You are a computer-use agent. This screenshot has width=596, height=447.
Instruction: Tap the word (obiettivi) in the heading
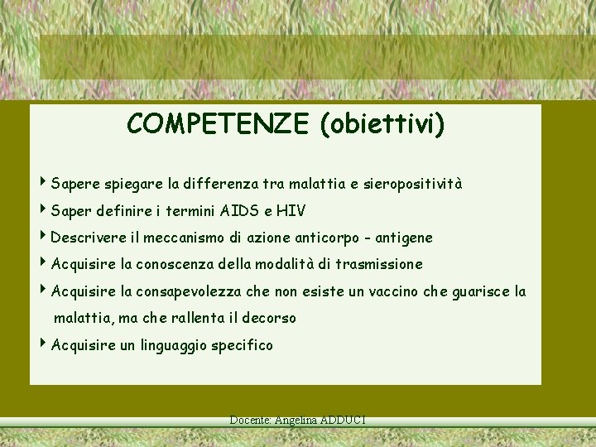pyautogui.click(x=381, y=124)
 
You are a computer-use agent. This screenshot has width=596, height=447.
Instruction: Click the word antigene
pyautogui.click(x=404, y=238)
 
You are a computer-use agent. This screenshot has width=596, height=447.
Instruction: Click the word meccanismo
pyautogui.click(x=182, y=238)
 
